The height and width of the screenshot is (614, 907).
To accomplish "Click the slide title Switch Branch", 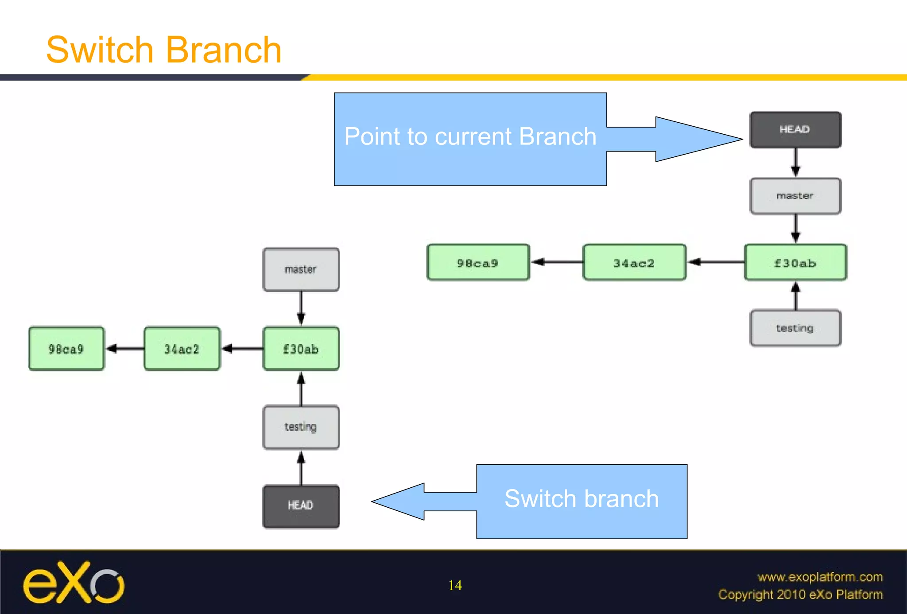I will point(164,50).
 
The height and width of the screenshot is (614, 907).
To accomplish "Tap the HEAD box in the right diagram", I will point(795,129).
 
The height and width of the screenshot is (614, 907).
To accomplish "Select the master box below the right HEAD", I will point(795,196).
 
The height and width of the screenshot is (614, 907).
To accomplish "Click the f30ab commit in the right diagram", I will point(795,263).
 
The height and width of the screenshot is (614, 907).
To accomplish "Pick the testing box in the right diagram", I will point(795,328).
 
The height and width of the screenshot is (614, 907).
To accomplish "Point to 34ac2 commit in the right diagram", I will point(634,263).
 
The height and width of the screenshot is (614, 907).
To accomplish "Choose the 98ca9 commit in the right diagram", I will point(478,263).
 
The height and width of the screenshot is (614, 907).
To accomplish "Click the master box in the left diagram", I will point(301,269).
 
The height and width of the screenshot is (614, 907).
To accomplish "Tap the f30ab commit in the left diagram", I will point(301,349).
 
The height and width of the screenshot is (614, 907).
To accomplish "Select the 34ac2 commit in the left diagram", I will point(182,349).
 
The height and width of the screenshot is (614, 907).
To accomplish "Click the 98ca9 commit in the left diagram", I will point(66,349).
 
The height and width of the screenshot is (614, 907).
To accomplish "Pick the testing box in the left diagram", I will point(301,427).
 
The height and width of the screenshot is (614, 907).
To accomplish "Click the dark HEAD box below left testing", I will point(301,506).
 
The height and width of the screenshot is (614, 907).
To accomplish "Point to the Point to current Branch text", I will point(470,136).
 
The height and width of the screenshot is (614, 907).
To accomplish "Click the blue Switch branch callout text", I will point(581,499).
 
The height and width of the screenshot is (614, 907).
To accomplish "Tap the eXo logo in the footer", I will point(74,583).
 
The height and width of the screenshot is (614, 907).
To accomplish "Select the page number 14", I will point(455,586).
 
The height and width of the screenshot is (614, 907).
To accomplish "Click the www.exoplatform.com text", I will point(820,577).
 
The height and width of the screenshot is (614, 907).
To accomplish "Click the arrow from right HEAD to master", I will point(795,163).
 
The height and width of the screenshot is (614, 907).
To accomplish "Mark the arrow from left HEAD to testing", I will point(301,468).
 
